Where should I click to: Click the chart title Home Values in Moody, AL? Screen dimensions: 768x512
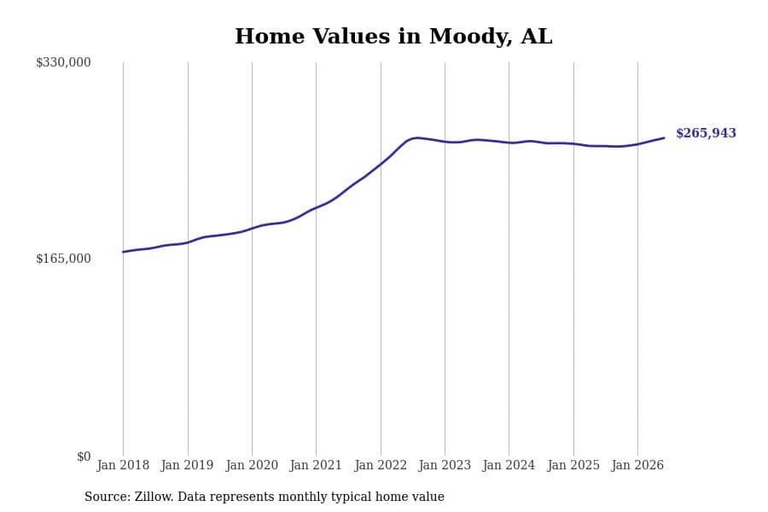pos(393,37)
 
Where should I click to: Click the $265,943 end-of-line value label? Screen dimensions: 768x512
pos(706,133)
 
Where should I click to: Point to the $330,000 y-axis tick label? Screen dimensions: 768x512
pos(63,62)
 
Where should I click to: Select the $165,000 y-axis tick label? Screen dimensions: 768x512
pos(63,259)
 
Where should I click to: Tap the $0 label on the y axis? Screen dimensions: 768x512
pos(84,457)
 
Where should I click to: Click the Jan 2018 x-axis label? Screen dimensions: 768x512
pos(123,465)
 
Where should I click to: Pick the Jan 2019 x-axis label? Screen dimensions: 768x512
pos(187,465)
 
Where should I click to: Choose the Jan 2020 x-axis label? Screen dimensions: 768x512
pos(252,465)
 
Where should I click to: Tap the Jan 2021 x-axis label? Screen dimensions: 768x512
pos(316,465)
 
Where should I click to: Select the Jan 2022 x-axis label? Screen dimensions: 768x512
pos(381,465)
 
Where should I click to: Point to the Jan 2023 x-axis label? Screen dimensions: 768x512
pos(445,465)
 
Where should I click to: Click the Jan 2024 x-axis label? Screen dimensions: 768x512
pos(509,465)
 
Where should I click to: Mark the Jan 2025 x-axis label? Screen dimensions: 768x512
pos(573,465)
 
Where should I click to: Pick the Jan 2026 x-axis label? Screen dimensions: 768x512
pos(637,465)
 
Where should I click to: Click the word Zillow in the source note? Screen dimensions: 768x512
pos(154,497)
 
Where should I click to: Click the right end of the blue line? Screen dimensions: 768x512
pos(664,137)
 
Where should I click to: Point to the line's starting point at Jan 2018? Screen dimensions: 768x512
pos(123,252)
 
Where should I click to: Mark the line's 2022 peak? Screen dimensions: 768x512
pos(416,137)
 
